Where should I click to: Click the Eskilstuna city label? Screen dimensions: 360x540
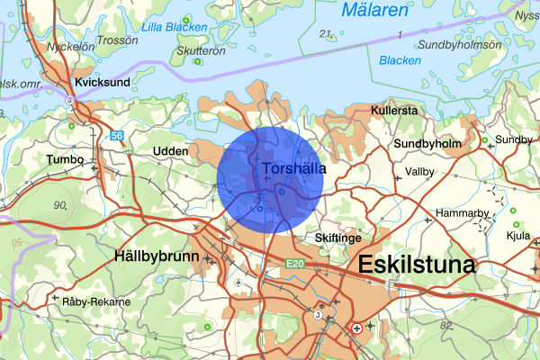(x=417, y=266)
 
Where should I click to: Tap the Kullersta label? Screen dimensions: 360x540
(x=394, y=111)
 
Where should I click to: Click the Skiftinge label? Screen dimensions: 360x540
(x=338, y=238)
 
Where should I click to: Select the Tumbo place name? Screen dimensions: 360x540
(x=64, y=159)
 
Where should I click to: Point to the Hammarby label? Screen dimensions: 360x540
(x=460, y=213)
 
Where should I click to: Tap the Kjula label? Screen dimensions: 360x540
(x=517, y=237)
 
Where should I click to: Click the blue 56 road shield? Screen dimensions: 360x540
(x=117, y=136)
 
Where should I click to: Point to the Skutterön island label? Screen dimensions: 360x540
(x=200, y=52)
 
